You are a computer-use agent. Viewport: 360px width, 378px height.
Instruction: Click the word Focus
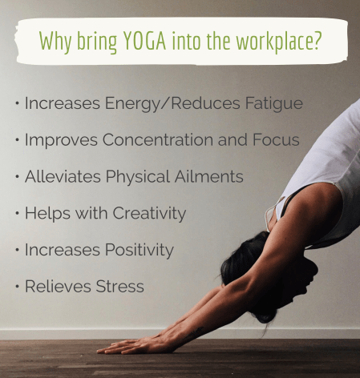275,140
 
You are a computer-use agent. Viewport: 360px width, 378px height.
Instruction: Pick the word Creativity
147,214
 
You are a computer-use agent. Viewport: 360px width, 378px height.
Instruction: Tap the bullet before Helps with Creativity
18,214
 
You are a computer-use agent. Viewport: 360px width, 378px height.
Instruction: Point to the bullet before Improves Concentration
18,140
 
